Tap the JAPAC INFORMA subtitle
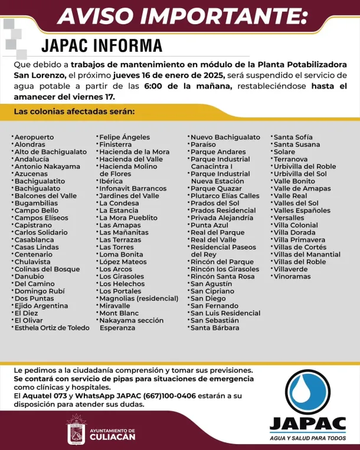click(102, 45)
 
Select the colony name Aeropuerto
click(34, 137)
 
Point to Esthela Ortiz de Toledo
click(52, 328)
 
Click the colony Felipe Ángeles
click(125, 137)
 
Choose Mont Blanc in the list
click(119, 313)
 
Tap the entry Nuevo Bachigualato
click(225, 137)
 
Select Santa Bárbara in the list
click(215, 328)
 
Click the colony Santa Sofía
click(293, 137)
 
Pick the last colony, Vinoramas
click(292, 277)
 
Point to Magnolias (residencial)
click(139, 298)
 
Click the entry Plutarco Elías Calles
click(225, 196)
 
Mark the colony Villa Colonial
click(296, 225)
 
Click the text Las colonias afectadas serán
click(74, 111)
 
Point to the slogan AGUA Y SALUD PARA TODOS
click(307, 438)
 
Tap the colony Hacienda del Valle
click(131, 159)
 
